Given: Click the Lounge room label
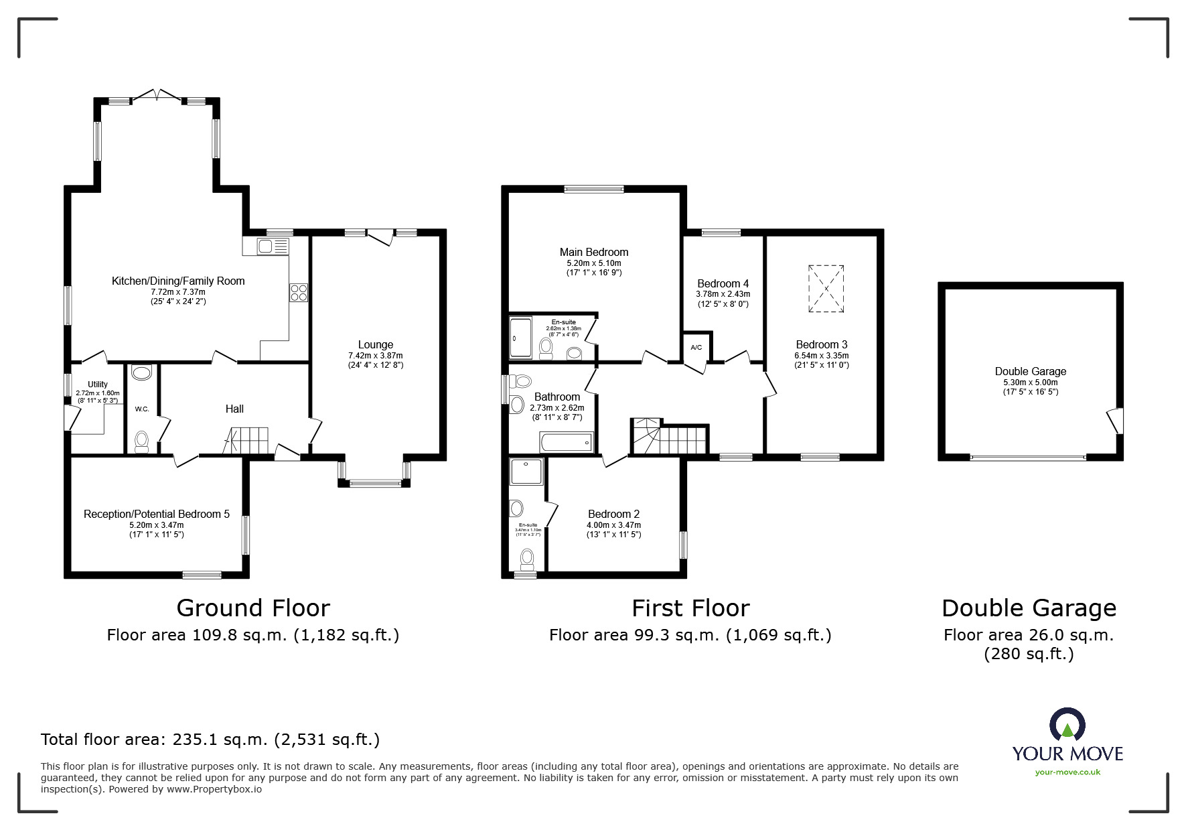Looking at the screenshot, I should tap(375, 345).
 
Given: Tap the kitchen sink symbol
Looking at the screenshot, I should tap(265, 247).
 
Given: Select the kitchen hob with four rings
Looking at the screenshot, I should tap(298, 292).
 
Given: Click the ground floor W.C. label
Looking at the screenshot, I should tap(142, 409).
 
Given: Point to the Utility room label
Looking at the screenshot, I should tap(98, 385).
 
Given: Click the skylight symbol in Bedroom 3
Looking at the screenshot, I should tap(826, 288).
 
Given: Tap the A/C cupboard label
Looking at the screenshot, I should tap(696, 347).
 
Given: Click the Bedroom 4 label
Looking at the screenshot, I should tap(723, 283).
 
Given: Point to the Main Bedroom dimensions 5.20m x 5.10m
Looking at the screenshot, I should tap(594, 264).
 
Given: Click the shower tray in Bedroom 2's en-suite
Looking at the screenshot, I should tap(527, 472).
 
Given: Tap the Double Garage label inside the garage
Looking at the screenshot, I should tap(1030, 371).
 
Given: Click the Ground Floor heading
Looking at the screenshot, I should tap(253, 608).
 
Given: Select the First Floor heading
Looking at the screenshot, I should tap(690, 608).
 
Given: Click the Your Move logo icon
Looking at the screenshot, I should tap(1067, 725).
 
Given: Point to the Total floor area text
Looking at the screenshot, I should tap(210, 740).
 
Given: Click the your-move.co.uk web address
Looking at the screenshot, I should tap(1067, 772).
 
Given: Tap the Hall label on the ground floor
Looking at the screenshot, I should tap(234, 409).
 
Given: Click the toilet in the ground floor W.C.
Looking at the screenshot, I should tap(141, 441).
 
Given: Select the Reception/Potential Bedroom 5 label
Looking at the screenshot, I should tap(156, 514).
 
